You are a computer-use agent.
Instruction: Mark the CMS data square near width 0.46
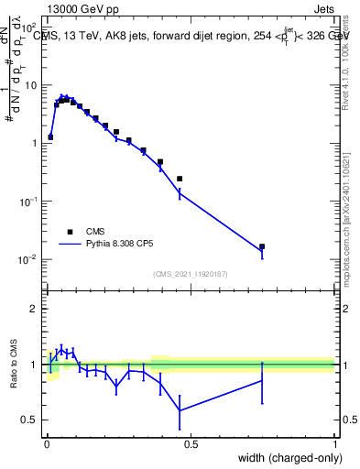click(x=180, y=179)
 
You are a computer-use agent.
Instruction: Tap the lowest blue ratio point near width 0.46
click(x=180, y=410)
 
